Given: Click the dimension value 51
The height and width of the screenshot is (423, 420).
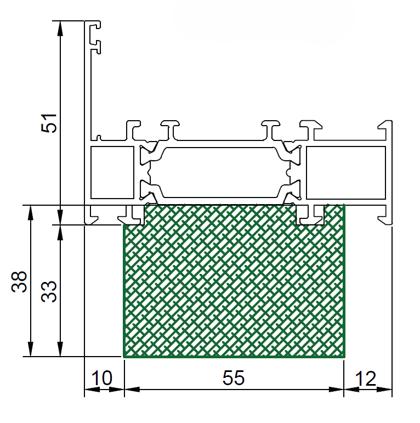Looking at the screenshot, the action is point(49,123).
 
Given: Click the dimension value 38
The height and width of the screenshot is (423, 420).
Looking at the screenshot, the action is point(19,282).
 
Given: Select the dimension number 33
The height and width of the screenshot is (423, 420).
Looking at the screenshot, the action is point(49,292).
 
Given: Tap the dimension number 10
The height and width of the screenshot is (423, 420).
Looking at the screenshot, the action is point(102,378).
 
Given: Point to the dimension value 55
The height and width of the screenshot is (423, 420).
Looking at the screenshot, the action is point(234,378).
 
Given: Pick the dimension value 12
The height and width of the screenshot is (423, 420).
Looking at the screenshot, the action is point(366,379).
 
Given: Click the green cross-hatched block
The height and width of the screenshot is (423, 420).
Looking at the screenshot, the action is point(234,281).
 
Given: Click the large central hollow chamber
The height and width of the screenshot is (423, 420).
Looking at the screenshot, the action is point(220,172).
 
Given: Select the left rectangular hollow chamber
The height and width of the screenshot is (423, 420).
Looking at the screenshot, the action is point(112,172).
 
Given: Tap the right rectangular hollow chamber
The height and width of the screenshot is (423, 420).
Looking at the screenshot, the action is point(346,173).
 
